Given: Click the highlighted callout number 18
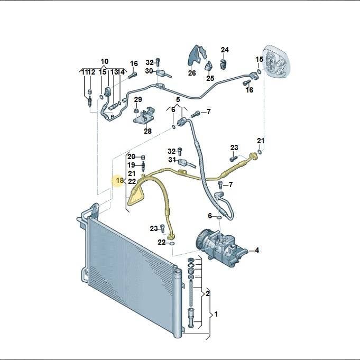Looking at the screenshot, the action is coord(120,180).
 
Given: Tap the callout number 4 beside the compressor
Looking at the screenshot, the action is coord(257,250).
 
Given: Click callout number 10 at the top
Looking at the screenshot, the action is coord(105,61).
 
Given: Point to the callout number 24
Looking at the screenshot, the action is coord(225,50).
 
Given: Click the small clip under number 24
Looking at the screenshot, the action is coord(224,63).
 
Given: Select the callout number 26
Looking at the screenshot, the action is coord(192,73).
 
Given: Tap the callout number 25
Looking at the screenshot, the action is coord(210,78).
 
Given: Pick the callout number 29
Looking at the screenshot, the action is coord(138,99).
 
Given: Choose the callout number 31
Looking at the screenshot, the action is coord(172,160).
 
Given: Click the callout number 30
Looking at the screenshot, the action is coord(149,71).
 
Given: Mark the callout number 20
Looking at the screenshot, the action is coord(131,157).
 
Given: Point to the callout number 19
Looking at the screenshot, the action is coord(131,165).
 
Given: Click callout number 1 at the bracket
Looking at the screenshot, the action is coord(216,314).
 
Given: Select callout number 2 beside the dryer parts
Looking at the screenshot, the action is coord(208,293).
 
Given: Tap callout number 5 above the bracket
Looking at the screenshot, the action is coord(178,99).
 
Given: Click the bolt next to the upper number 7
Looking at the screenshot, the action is coord(195,114).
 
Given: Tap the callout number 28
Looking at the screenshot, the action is coord(147,131).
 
